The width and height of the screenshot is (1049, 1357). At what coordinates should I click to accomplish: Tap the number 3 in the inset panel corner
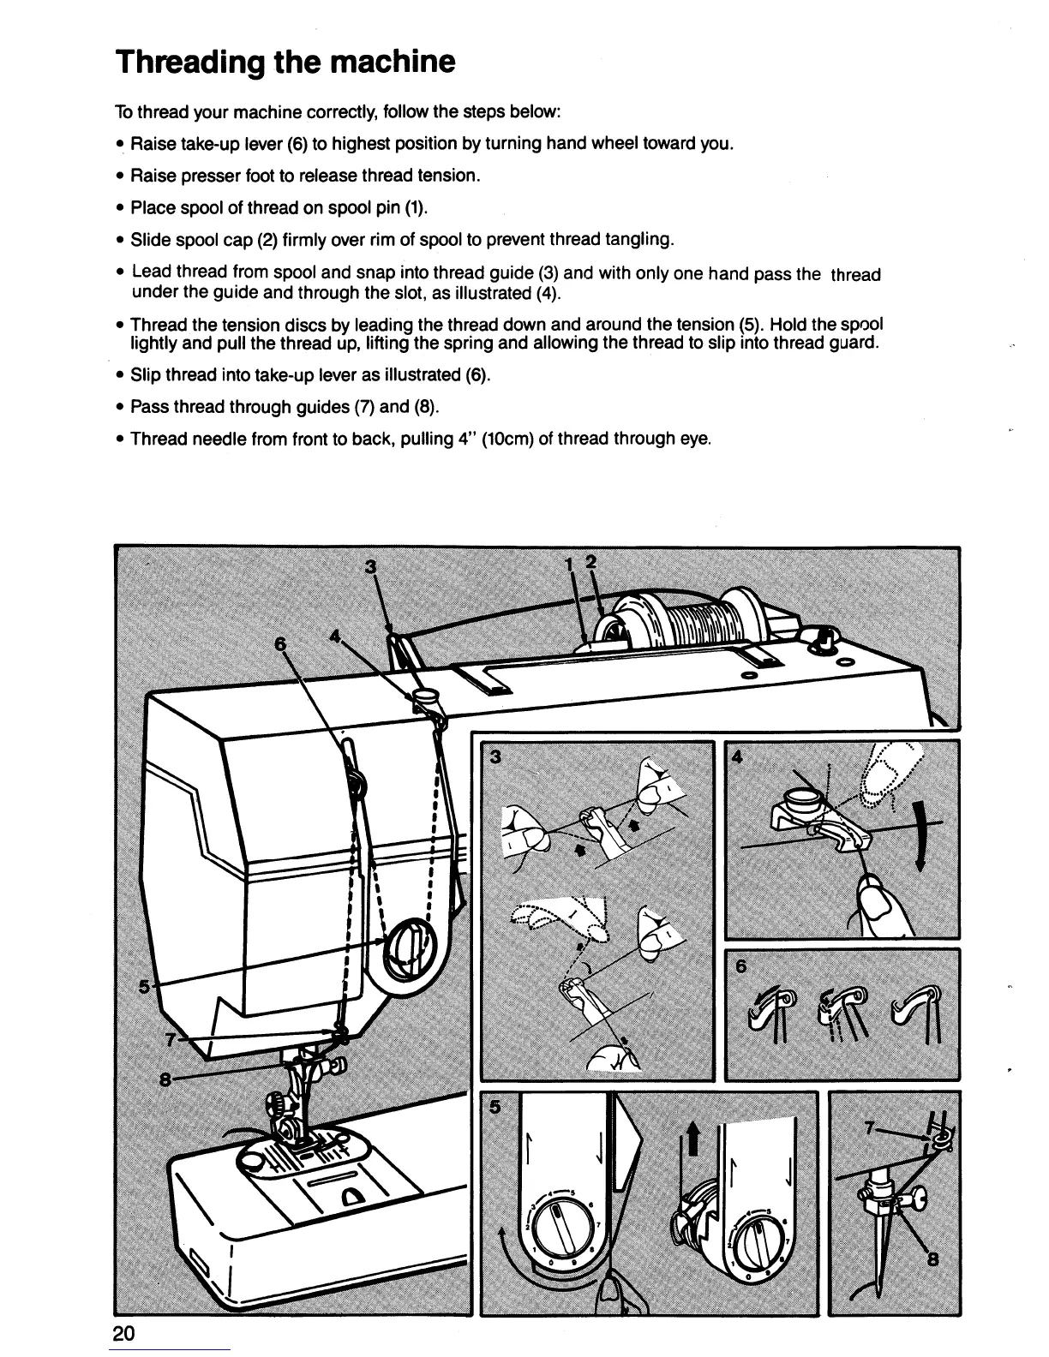click(x=495, y=757)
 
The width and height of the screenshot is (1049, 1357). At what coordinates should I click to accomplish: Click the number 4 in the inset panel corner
click(x=736, y=757)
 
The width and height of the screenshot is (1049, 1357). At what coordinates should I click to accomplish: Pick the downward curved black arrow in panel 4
click(x=919, y=837)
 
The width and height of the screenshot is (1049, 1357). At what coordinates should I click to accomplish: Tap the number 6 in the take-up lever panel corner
click(x=741, y=965)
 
